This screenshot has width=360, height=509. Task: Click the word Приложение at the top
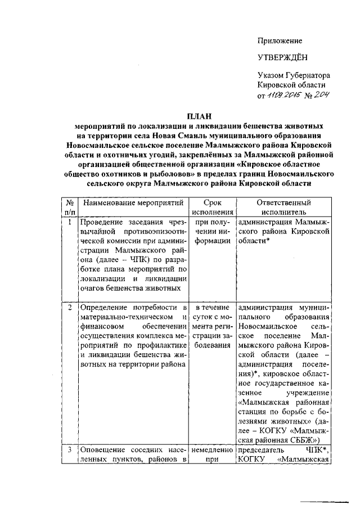point(280,41)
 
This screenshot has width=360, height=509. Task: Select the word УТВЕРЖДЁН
point(282,58)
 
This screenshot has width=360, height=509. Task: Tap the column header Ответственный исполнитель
point(283,208)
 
